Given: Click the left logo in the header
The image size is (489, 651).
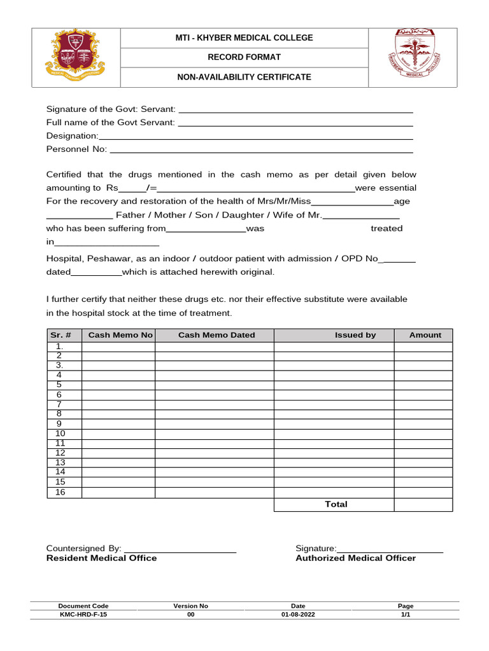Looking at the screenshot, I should click(x=76, y=57).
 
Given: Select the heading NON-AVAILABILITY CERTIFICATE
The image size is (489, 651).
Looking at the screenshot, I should click(x=244, y=77).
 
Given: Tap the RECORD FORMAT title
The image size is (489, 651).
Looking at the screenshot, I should click(x=244, y=57).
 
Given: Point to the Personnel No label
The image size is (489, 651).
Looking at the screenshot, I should click(x=76, y=149).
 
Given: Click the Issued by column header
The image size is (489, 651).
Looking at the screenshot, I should click(x=355, y=335).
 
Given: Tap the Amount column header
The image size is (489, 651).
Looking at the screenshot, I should click(x=425, y=335).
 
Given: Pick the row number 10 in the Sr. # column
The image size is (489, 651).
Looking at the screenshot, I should click(x=60, y=434).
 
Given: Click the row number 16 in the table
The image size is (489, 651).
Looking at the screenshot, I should click(x=60, y=492).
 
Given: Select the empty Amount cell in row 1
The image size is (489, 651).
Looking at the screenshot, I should click(x=423, y=346).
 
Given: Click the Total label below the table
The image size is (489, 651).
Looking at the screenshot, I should click(x=336, y=504).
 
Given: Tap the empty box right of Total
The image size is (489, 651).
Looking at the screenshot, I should click(x=423, y=504).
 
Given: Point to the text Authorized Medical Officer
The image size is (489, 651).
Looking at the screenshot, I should click(x=355, y=558).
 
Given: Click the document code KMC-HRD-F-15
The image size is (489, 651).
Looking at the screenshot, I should click(x=79, y=615).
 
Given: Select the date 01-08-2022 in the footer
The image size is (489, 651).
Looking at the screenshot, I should click(x=297, y=615).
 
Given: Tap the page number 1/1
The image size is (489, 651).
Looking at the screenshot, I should click(x=406, y=615).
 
